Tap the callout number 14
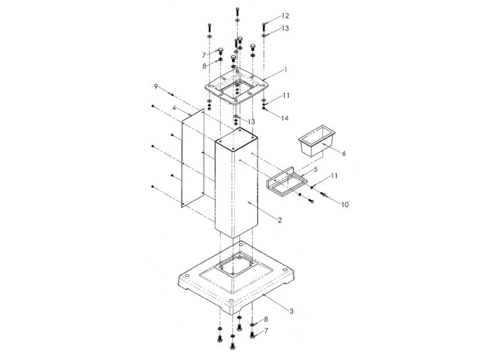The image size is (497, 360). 285,118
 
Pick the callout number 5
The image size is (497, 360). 316,169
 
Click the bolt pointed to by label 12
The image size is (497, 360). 264,26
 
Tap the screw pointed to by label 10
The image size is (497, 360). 323,197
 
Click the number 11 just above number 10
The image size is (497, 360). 334,176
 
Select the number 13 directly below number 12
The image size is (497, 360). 285,29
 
